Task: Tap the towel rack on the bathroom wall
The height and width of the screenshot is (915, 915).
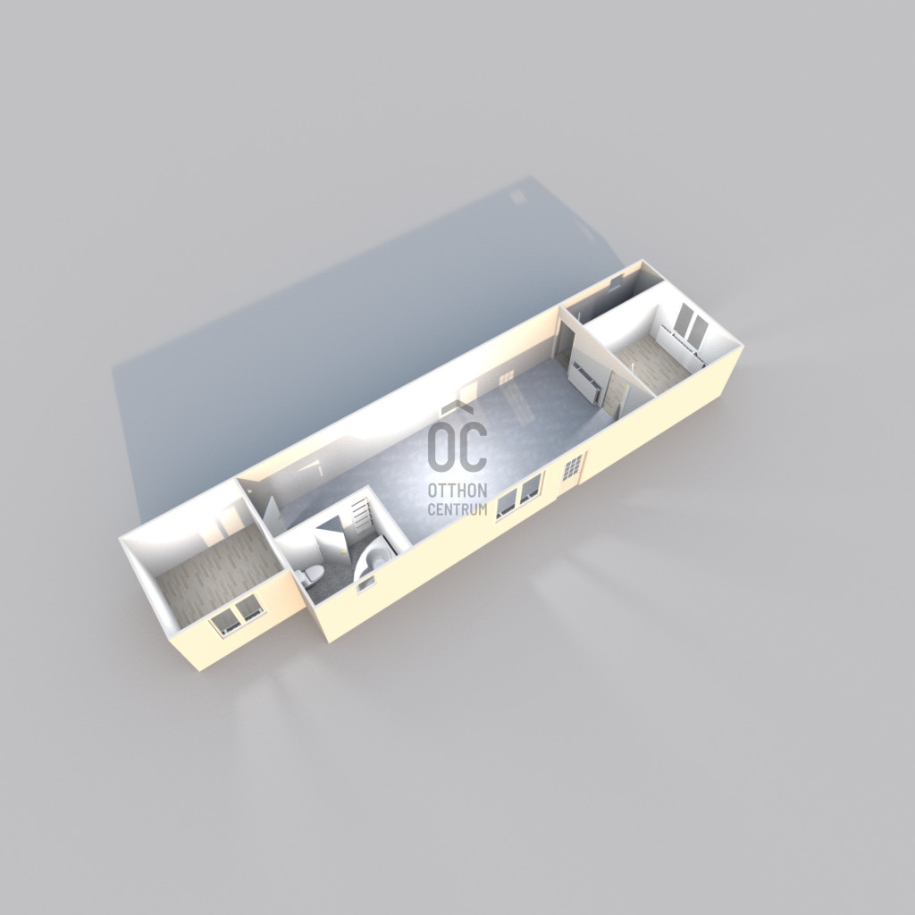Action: coord(362,516)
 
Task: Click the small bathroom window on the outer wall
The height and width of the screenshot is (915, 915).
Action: coord(365,582)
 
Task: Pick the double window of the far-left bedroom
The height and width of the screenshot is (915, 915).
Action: coord(236,615)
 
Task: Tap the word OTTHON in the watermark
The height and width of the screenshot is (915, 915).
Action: coord(457,490)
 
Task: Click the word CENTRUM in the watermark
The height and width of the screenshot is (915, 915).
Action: coord(457,508)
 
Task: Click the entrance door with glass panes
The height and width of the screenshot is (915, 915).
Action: coord(572,470)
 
